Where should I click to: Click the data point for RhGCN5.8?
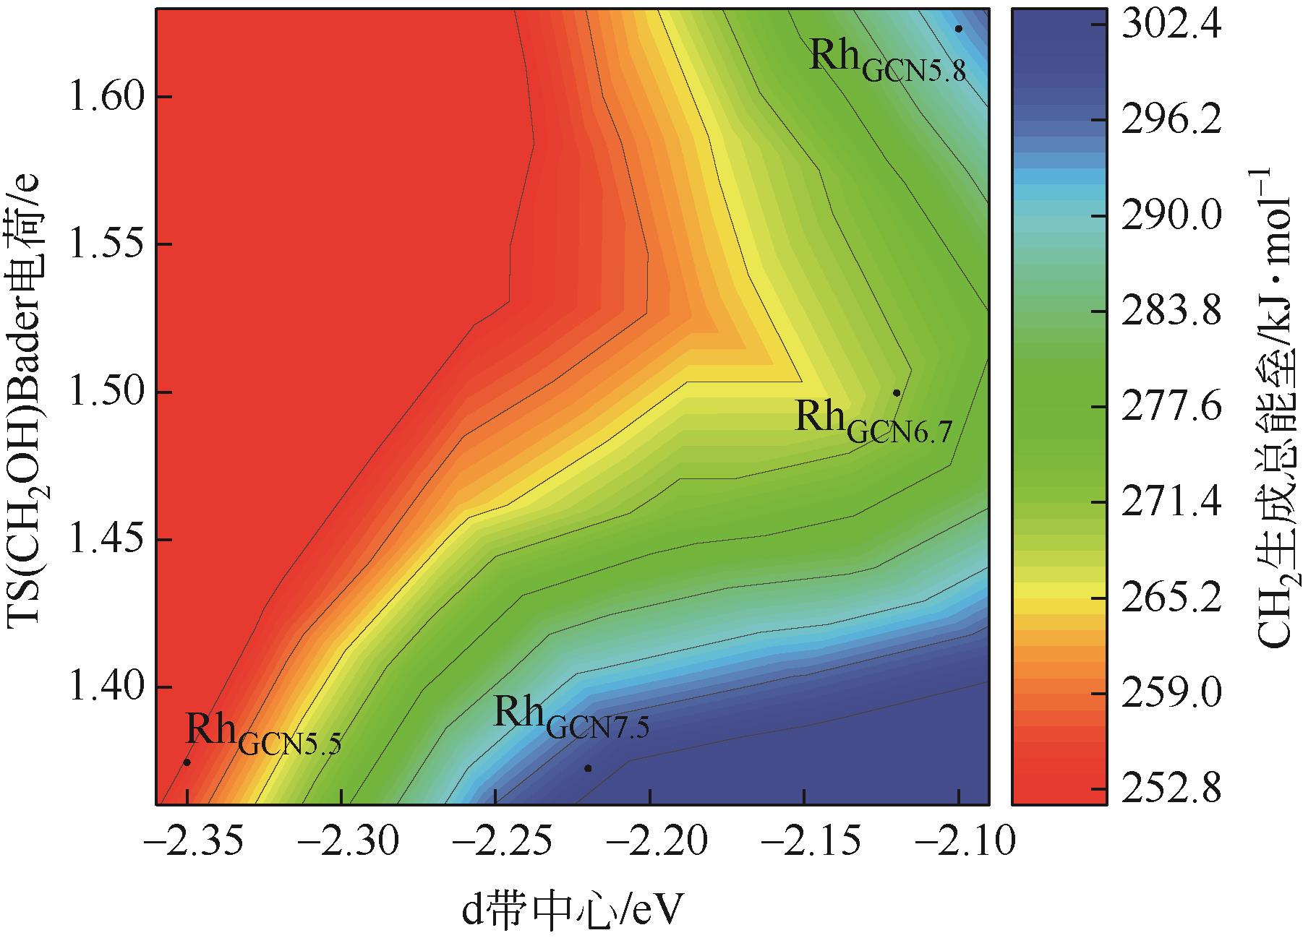958,29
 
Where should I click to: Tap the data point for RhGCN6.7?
897,392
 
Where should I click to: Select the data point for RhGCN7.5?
588,767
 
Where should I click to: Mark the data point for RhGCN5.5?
187,762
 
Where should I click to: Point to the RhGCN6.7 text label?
873,422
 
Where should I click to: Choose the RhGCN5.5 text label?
262,734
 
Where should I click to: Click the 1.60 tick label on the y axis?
102,98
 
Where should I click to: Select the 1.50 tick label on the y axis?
102,392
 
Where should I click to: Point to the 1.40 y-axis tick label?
102,687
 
